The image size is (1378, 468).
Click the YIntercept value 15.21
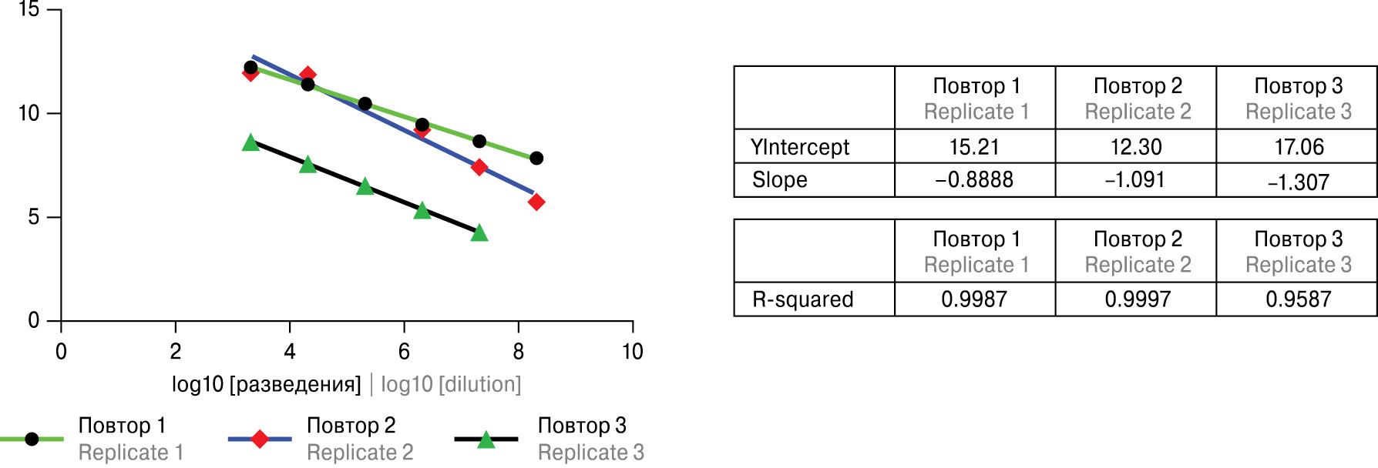(974, 146)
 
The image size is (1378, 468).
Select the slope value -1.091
(1135, 180)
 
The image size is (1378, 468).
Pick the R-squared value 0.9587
(1298, 299)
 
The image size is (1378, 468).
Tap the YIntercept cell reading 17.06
(1299, 146)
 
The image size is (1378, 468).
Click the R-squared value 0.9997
(1138, 299)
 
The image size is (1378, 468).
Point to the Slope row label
(780, 180)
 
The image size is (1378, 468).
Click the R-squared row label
(803, 299)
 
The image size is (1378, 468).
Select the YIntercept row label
(800, 146)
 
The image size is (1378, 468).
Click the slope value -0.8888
(974, 180)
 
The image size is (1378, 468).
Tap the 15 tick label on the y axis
(29, 10)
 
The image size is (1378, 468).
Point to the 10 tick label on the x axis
(632, 352)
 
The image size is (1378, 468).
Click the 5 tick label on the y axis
(34, 217)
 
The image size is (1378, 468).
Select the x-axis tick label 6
(404, 352)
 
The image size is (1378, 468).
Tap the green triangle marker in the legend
(486, 440)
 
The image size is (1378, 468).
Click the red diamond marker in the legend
(260, 439)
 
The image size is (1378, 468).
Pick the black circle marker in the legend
(32, 439)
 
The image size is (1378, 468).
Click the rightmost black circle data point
(536, 158)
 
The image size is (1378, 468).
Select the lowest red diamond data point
(536, 202)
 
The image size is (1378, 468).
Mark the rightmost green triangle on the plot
(479, 232)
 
